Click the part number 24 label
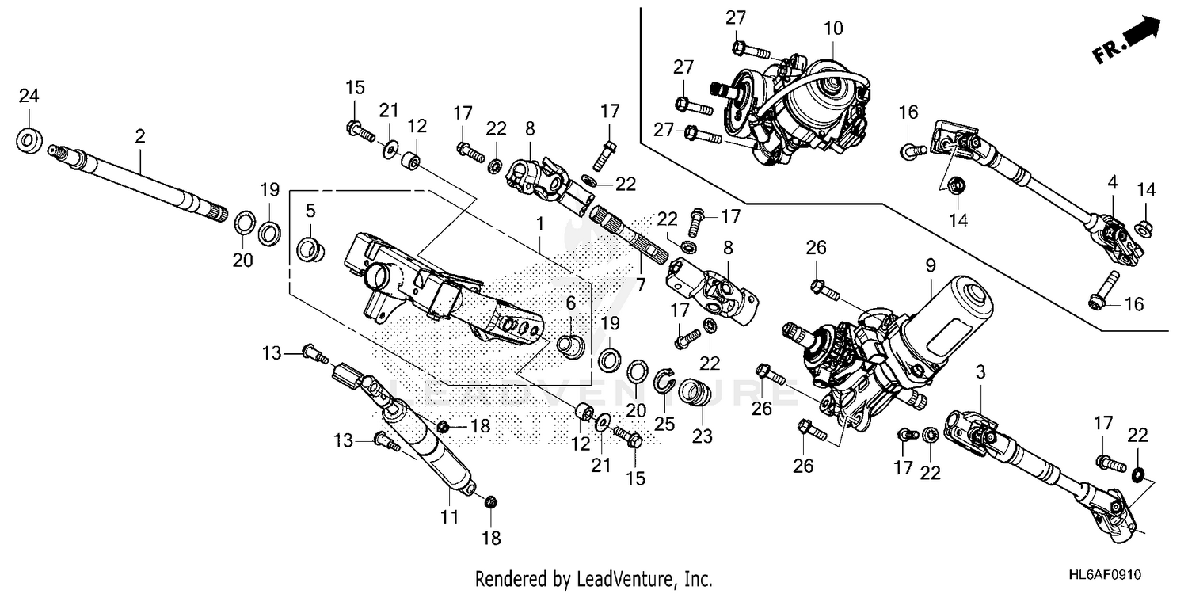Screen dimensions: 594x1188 (x=29, y=97)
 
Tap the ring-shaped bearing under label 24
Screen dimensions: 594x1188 (x=30, y=141)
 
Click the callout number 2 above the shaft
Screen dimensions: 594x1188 (x=140, y=136)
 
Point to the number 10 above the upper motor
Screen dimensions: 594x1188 (x=833, y=29)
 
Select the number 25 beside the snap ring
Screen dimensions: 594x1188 (x=664, y=425)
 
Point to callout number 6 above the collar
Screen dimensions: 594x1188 (x=570, y=303)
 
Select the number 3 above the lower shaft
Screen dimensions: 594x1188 (x=980, y=371)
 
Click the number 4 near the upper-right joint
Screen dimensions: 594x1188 (x=1112, y=182)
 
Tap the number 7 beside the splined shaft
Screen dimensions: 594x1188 (x=641, y=284)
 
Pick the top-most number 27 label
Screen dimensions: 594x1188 (x=737, y=18)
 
